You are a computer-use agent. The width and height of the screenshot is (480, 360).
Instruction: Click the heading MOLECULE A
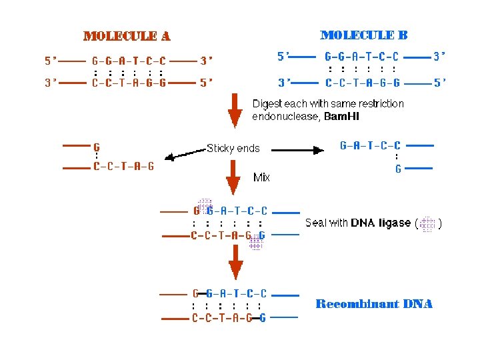126,36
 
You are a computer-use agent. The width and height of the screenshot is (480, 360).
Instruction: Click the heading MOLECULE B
364,35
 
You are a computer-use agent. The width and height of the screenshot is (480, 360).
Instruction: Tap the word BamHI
341,117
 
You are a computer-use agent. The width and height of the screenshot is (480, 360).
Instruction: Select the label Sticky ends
233,148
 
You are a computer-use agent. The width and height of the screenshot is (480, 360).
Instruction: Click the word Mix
261,177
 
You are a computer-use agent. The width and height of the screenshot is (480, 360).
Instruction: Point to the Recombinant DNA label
373,304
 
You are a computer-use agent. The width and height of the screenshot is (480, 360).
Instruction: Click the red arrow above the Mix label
234,177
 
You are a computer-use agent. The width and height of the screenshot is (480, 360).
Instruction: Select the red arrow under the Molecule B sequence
234,110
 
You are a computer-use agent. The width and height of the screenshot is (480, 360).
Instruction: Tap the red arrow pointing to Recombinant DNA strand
235,262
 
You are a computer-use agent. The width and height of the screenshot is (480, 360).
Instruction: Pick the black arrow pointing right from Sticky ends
297,150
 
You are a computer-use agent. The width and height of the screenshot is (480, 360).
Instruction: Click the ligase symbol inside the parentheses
427,224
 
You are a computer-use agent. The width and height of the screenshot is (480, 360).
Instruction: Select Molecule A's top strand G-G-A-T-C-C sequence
129,61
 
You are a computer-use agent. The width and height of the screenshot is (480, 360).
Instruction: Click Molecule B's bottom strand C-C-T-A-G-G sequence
362,83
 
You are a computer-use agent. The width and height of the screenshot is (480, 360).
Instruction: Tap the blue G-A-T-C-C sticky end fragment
370,145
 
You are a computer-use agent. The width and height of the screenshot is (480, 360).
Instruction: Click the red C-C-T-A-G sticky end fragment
123,167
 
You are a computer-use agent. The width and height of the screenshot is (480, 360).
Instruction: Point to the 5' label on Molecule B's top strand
283,57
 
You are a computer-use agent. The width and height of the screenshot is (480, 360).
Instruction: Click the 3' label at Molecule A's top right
207,61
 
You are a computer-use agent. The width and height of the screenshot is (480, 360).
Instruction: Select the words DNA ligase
381,223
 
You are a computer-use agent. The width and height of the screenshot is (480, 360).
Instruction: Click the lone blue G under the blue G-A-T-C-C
398,169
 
